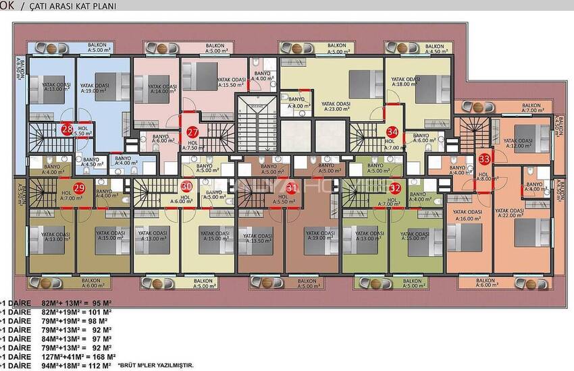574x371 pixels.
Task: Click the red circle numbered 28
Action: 67,130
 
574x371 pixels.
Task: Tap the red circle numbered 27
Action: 192,132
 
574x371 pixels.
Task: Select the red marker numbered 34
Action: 392,132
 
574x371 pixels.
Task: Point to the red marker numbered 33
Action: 484,159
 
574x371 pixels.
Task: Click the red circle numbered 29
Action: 79,188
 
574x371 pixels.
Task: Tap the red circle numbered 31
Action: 292,188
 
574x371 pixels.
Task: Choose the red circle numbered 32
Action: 396,188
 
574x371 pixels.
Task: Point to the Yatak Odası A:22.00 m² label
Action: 510,213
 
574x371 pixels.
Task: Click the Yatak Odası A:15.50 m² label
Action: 231,82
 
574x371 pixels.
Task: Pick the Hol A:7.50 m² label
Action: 192,146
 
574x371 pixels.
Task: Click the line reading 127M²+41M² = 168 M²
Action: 61,356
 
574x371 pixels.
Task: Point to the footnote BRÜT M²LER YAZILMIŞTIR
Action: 156,365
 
